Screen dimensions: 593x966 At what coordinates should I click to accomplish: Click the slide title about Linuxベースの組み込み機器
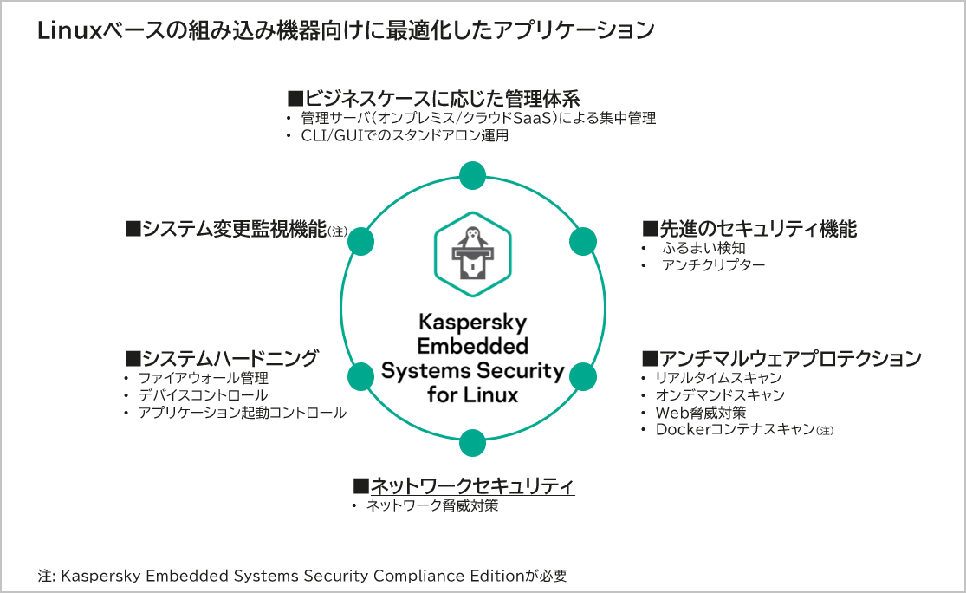pos(345,30)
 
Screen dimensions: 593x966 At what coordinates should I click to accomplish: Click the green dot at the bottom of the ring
pos(472,443)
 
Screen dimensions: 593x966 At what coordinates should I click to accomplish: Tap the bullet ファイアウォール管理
pos(204,378)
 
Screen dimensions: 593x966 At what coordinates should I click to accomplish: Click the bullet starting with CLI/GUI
pos(404,136)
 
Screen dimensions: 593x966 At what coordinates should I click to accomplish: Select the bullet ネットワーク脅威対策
pos(431,505)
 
